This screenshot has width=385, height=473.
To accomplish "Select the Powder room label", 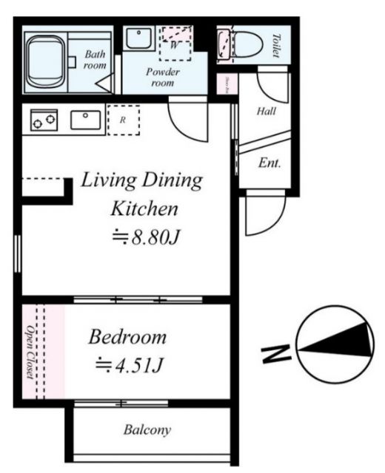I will click(x=159, y=78).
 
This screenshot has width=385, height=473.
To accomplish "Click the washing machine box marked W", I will click(x=175, y=44).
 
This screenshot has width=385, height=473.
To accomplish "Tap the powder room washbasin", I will click(x=136, y=38).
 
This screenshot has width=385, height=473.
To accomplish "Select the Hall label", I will click(x=266, y=112).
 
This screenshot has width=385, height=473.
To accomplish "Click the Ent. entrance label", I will click(x=269, y=163).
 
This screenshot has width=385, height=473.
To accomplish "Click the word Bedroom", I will click(x=127, y=338).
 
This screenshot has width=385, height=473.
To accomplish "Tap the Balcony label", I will click(x=147, y=429).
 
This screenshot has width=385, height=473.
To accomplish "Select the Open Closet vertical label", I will click(x=30, y=352).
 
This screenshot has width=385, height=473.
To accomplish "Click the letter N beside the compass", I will click(x=275, y=354).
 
